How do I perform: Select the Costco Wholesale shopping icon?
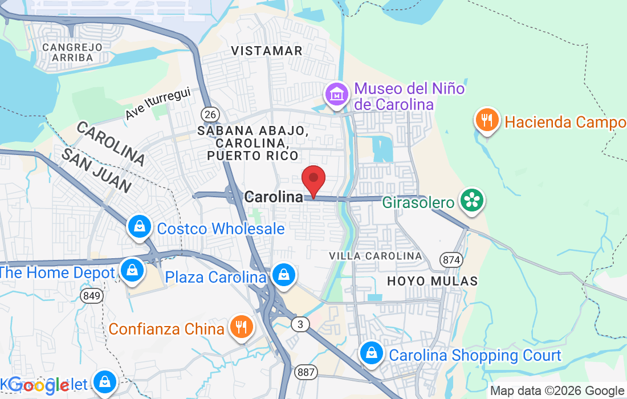[x=139, y=227]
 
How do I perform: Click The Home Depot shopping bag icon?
[x=132, y=271]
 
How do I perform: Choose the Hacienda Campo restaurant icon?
[x=486, y=120]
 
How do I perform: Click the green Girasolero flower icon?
[x=473, y=200]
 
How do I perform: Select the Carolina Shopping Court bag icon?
[x=372, y=353]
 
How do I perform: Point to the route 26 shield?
[x=210, y=115]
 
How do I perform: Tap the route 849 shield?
[x=91, y=295]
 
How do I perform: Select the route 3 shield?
[x=299, y=324]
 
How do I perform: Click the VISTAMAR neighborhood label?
[x=267, y=51]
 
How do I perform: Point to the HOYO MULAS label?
[x=432, y=281]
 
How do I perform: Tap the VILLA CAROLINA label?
[x=376, y=256]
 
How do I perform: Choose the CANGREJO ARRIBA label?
[x=72, y=52]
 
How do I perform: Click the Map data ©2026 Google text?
[x=557, y=391]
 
